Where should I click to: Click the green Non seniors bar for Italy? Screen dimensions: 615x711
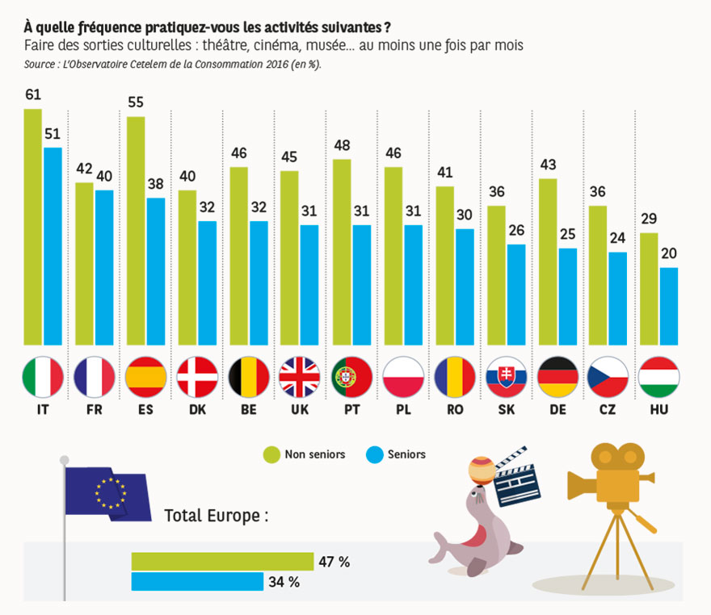pos(32,226)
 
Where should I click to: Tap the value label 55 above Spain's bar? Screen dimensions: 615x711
pos(136,102)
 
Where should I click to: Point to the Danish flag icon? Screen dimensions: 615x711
pos(197,377)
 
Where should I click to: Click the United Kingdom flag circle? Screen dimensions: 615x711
pos(300,377)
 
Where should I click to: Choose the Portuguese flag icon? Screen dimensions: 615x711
pos(351,377)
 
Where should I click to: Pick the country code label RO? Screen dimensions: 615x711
pos(454,410)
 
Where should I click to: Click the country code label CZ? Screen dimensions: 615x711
pos(608,410)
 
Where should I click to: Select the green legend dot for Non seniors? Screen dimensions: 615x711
pos(271,454)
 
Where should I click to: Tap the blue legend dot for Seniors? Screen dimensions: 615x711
pos(374,454)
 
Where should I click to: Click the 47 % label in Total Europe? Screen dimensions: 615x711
pos(333,561)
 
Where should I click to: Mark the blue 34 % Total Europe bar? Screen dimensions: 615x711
pos(197,581)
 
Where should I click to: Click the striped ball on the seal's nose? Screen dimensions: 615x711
pos(481,471)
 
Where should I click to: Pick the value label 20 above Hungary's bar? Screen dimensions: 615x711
pos(669,253)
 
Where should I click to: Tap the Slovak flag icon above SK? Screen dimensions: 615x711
pos(506,377)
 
